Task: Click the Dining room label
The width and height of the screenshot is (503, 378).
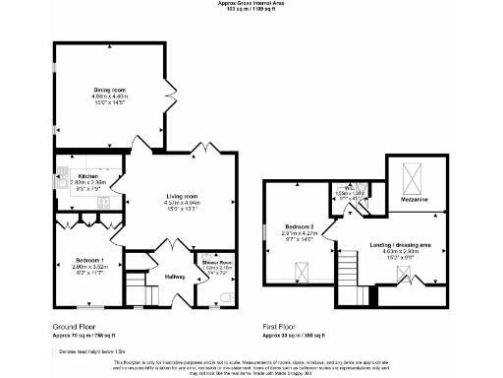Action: (108, 91)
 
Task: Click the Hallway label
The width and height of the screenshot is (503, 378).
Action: (174, 277)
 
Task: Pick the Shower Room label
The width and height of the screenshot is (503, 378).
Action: (216, 262)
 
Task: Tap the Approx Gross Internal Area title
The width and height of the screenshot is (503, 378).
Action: (251, 3)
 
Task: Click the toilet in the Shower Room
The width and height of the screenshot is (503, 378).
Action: (226, 296)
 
